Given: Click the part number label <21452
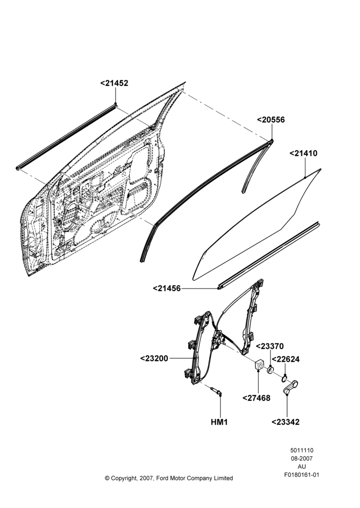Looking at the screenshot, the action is point(114,83).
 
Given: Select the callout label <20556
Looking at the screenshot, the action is point(271,120).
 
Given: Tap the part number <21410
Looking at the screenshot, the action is point(304,153).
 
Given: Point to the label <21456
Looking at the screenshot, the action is point(167,288).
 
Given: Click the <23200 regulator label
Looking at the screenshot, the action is point(155,358).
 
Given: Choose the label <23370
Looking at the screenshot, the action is point(270,346).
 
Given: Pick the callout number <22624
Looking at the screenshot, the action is point(285,359).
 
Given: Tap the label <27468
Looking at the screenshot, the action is point(257,398).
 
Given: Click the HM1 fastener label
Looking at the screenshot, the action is point(219,422).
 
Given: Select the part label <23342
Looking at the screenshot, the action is point(285,422).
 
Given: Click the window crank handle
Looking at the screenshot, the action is point(291,387).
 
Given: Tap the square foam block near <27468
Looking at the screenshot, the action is point(258,364).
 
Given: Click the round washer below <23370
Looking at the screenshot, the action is point(271,370).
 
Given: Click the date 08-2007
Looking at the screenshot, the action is point(302,458).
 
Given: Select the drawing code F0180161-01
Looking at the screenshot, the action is point(302,475).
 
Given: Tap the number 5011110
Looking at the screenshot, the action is point(302,450).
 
